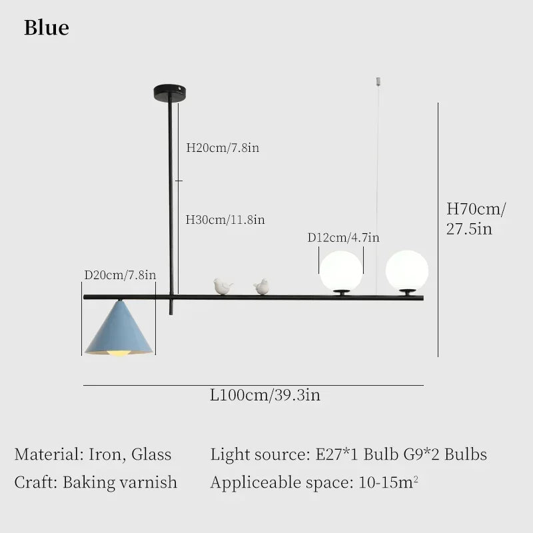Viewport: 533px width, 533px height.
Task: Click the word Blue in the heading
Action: coord(47,27)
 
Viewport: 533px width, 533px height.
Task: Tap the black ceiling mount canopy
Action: coord(170,92)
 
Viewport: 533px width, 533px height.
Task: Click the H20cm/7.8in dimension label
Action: coord(223,148)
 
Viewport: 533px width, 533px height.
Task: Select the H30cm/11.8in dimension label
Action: coord(225,220)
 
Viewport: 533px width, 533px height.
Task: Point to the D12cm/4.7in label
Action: coord(343,237)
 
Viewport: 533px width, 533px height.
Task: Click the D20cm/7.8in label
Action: coord(120,274)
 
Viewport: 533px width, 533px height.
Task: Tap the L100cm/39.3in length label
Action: coord(265,395)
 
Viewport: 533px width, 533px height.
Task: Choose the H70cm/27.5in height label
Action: coord(476,219)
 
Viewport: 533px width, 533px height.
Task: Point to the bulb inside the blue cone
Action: coord(119,353)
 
